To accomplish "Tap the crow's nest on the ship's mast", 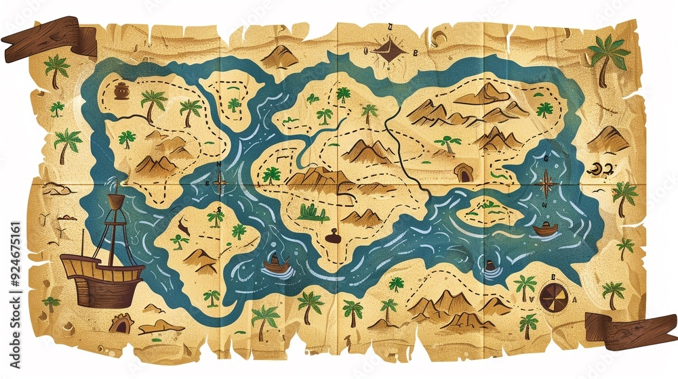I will [x=117, y=201].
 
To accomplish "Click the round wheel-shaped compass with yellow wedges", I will [x=553, y=296].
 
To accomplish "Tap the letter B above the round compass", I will [x=553, y=277].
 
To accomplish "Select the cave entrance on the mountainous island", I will [x=464, y=173].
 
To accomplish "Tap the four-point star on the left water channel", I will [x=220, y=183].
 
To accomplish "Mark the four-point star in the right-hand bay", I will [x=545, y=183].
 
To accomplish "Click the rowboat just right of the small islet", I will [x=544, y=229].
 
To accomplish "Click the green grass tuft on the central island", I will [x=313, y=214].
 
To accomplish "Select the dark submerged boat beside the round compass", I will [x=490, y=266].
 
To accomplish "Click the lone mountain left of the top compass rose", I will [x=279, y=57].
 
